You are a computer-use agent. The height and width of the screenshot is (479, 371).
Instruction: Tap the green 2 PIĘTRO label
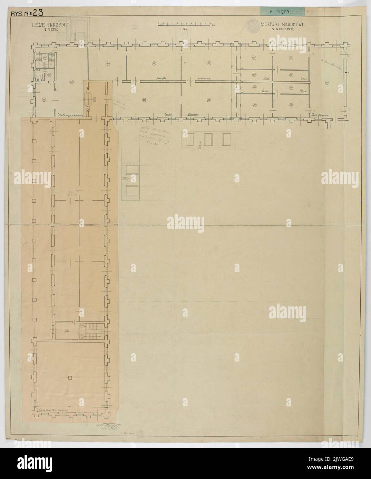point(282,12)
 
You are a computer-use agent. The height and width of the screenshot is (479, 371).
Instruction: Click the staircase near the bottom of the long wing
point(92,331)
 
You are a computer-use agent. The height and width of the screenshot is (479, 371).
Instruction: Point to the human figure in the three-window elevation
point(199,146)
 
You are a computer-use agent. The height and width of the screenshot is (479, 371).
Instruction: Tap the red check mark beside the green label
point(308,11)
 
